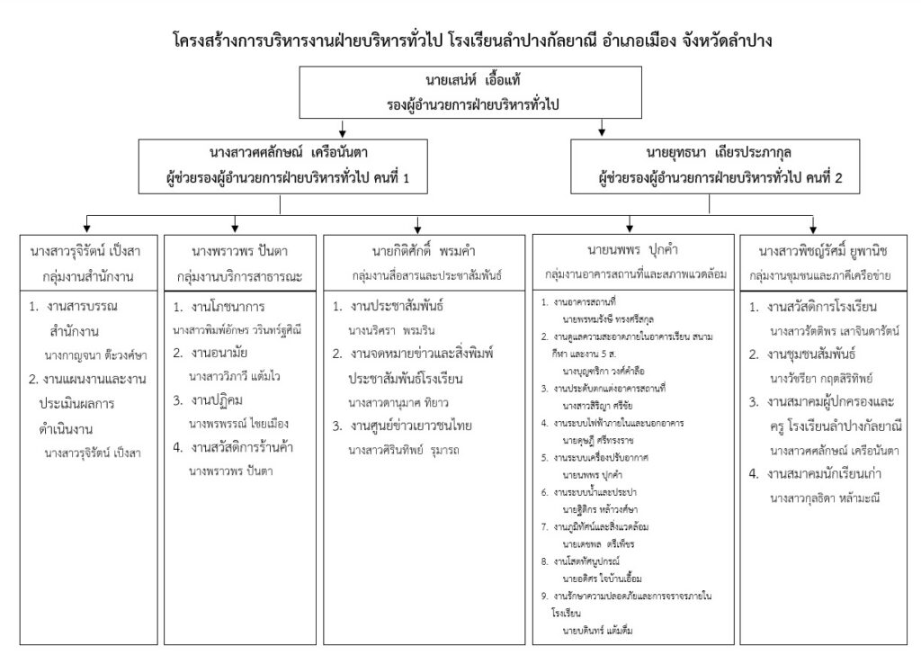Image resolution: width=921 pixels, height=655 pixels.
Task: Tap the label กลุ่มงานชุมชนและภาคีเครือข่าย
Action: coord(812,268)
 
